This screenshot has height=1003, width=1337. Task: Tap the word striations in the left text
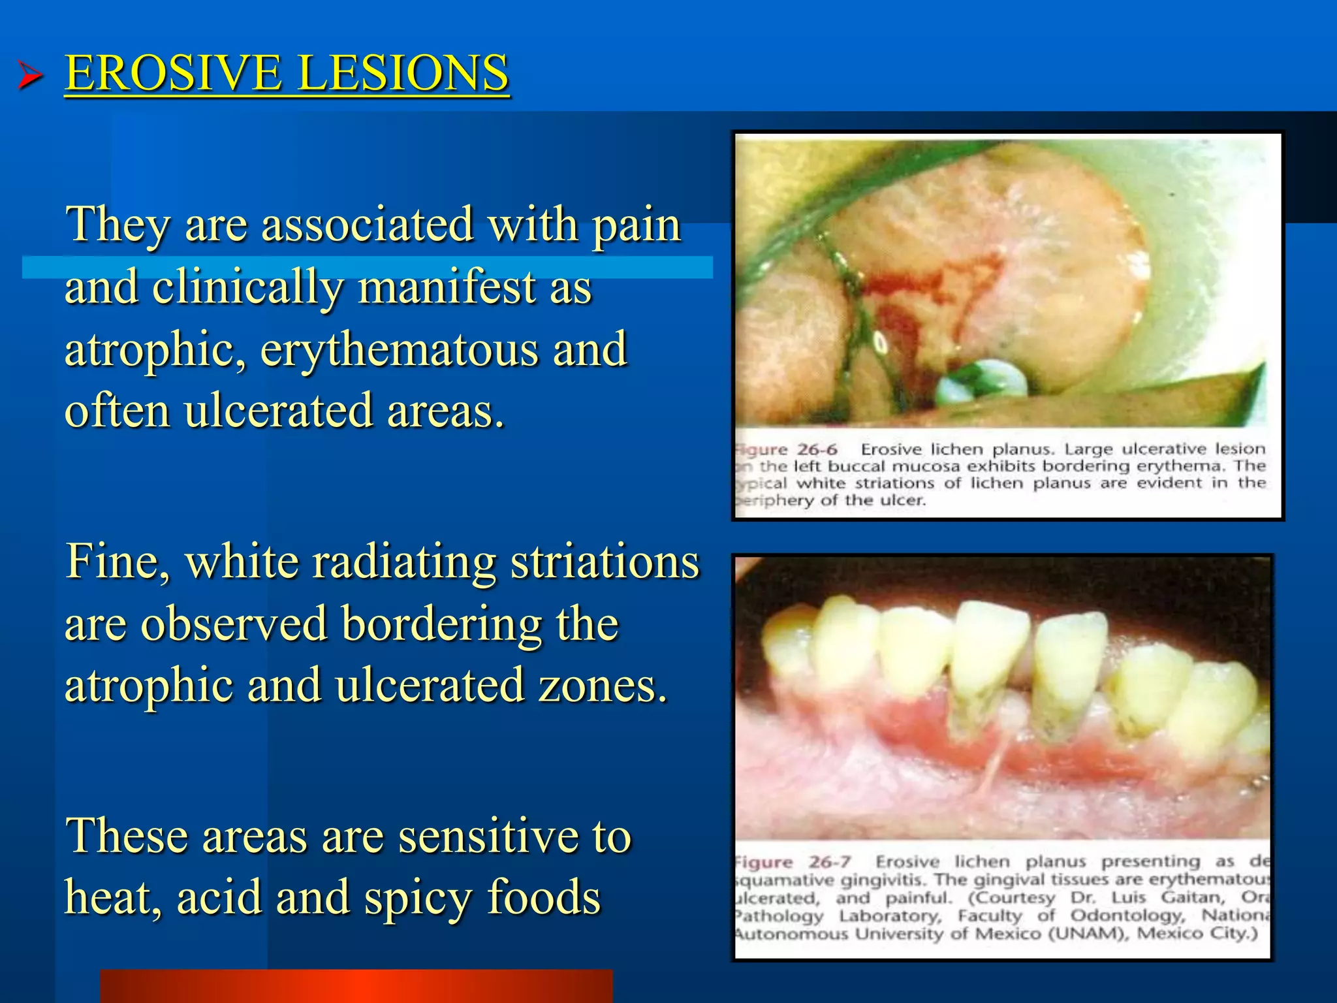605,562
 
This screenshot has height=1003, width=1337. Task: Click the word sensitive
489,836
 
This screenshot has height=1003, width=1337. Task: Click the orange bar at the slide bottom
356,986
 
